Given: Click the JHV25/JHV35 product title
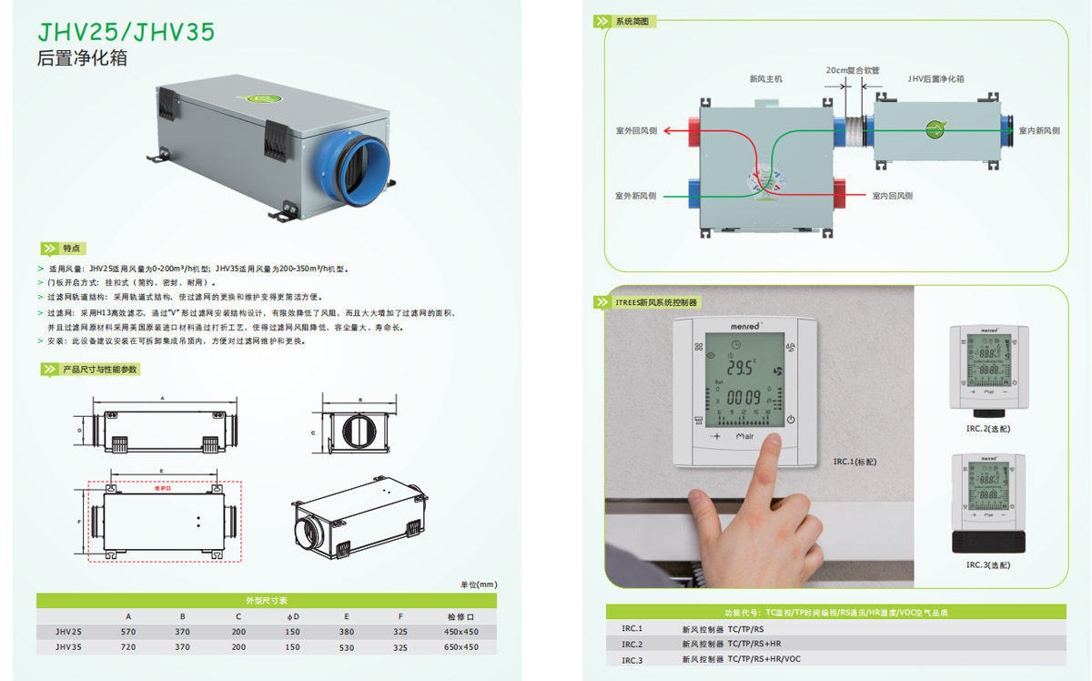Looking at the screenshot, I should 126,32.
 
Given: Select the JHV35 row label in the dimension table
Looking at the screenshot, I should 68,647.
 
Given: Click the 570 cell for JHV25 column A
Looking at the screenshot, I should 128,632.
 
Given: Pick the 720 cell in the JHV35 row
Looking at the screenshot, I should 128,647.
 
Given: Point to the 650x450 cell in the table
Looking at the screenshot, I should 461,647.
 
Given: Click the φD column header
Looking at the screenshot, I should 292,616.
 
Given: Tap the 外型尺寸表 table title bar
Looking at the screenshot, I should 267,601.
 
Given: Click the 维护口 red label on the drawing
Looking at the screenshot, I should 163,487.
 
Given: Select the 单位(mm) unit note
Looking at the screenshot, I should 478,584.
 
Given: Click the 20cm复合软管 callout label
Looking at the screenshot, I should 853,69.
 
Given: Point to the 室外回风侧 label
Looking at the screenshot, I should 635,131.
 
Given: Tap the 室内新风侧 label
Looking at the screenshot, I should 1039,131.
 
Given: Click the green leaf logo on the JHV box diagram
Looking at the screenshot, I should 935,130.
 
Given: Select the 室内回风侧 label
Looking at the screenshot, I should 892,196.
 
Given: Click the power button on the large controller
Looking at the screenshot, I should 791,421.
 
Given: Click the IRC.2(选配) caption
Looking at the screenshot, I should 988,427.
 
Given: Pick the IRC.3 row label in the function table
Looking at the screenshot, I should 632,659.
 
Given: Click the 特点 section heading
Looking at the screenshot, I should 73,249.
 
